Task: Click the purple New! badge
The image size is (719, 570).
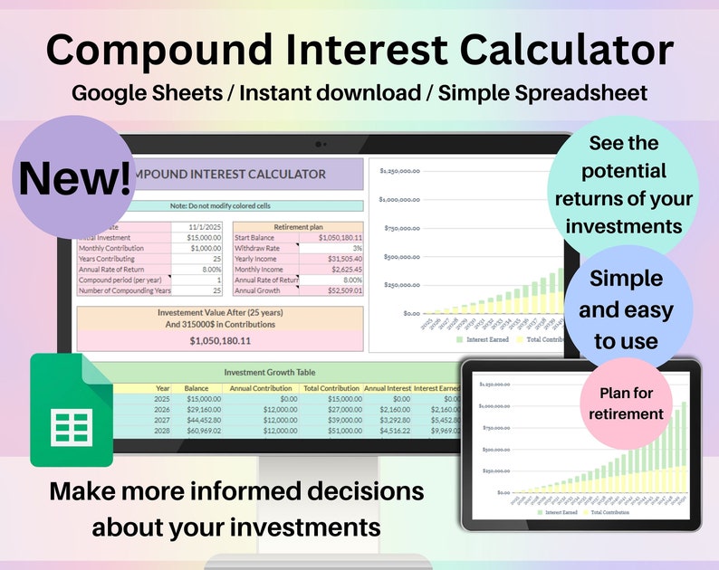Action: (x=75, y=176)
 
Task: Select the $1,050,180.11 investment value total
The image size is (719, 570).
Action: (x=220, y=341)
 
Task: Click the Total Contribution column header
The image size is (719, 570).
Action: (x=330, y=388)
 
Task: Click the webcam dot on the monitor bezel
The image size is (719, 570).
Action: (x=319, y=144)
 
